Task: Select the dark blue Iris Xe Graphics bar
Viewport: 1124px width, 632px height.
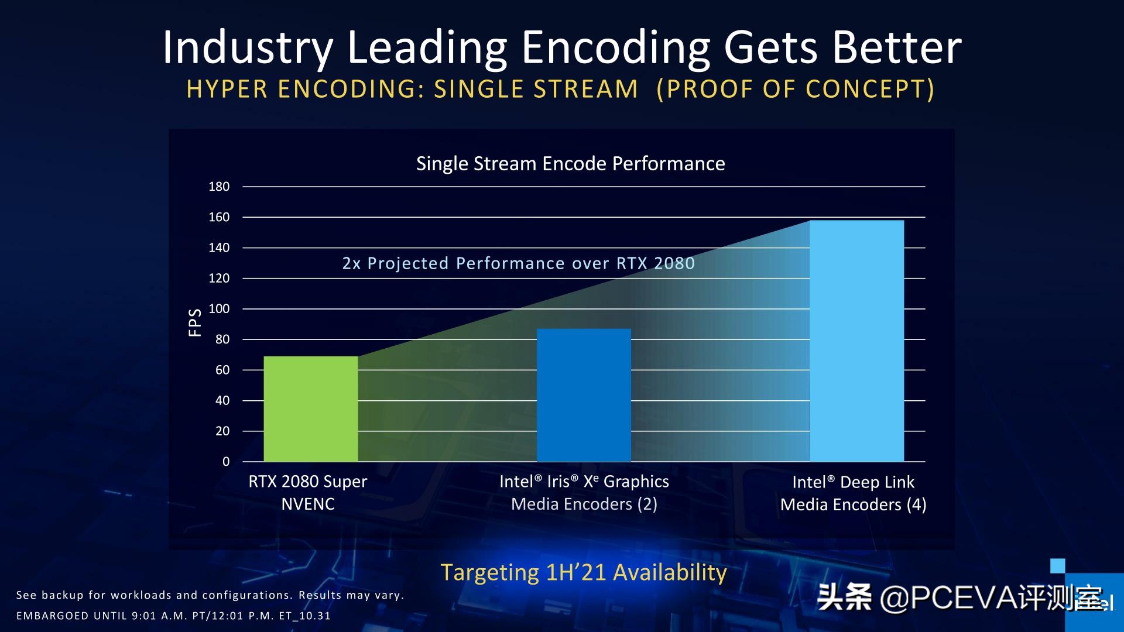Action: click(x=584, y=395)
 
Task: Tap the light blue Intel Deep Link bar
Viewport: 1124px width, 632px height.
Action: click(x=856, y=341)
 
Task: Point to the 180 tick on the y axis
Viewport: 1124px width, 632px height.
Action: click(x=219, y=187)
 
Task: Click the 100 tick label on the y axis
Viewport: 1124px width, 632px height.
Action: click(x=219, y=309)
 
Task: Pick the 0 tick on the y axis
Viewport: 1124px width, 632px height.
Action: click(x=226, y=462)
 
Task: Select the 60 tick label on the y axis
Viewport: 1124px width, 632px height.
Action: click(x=222, y=370)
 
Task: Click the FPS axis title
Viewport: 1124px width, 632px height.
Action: click(x=195, y=322)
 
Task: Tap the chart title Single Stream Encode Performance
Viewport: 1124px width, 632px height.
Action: click(x=570, y=164)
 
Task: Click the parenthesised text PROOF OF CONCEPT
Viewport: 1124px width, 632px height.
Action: click(x=795, y=90)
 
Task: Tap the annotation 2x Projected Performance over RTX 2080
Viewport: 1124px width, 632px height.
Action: click(x=518, y=263)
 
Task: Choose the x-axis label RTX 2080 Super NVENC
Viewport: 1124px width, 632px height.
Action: click(x=308, y=493)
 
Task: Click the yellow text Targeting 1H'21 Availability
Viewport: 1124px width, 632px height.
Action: click(x=583, y=572)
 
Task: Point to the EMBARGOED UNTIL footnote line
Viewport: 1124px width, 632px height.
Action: click(x=173, y=616)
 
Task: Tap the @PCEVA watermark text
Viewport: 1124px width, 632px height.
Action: click(x=960, y=598)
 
